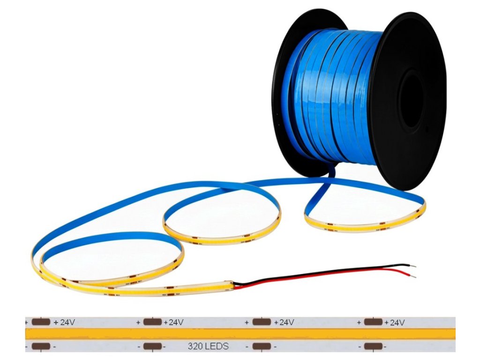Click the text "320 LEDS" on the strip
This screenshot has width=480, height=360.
coord(208,347)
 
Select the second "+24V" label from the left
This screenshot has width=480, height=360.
coord(173,322)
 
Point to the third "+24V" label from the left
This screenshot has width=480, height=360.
coord(284,322)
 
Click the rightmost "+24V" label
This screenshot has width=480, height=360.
coord(394,322)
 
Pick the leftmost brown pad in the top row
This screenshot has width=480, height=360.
coord(41,322)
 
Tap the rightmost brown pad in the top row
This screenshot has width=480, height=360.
coord(373,322)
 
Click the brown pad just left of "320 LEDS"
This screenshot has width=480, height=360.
coord(152,347)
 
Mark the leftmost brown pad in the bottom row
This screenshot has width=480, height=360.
coord(41,347)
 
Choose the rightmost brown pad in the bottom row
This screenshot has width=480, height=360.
coord(373,347)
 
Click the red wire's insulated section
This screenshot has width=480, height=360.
coord(328,276)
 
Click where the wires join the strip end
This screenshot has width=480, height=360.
coord(234,284)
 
